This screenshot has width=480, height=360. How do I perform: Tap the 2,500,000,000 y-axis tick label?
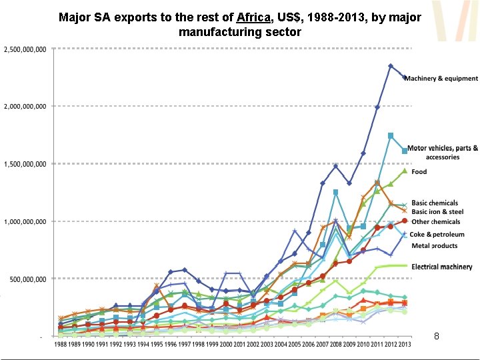(25, 49)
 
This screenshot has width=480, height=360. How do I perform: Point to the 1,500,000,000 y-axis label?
(25, 164)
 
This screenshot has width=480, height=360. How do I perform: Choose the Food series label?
(419, 172)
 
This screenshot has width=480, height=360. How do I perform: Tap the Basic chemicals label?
(435, 203)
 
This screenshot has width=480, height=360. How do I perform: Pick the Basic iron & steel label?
(437, 212)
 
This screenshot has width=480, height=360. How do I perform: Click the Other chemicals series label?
(436, 221)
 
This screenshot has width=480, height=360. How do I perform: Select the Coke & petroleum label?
(437, 235)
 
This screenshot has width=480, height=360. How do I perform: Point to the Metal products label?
(434, 245)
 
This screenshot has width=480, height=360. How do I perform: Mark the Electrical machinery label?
(442, 267)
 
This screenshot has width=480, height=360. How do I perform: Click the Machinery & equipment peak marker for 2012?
(391, 66)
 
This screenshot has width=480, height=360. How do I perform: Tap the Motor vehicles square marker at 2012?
(391, 135)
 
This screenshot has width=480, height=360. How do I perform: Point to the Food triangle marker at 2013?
(405, 171)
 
